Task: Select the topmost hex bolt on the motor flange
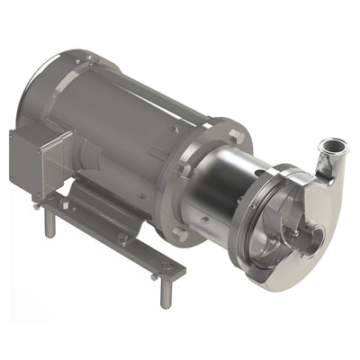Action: point(237,136)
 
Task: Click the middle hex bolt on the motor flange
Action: point(184,167)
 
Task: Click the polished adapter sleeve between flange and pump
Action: point(216,193)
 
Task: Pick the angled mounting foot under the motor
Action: point(99,211)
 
